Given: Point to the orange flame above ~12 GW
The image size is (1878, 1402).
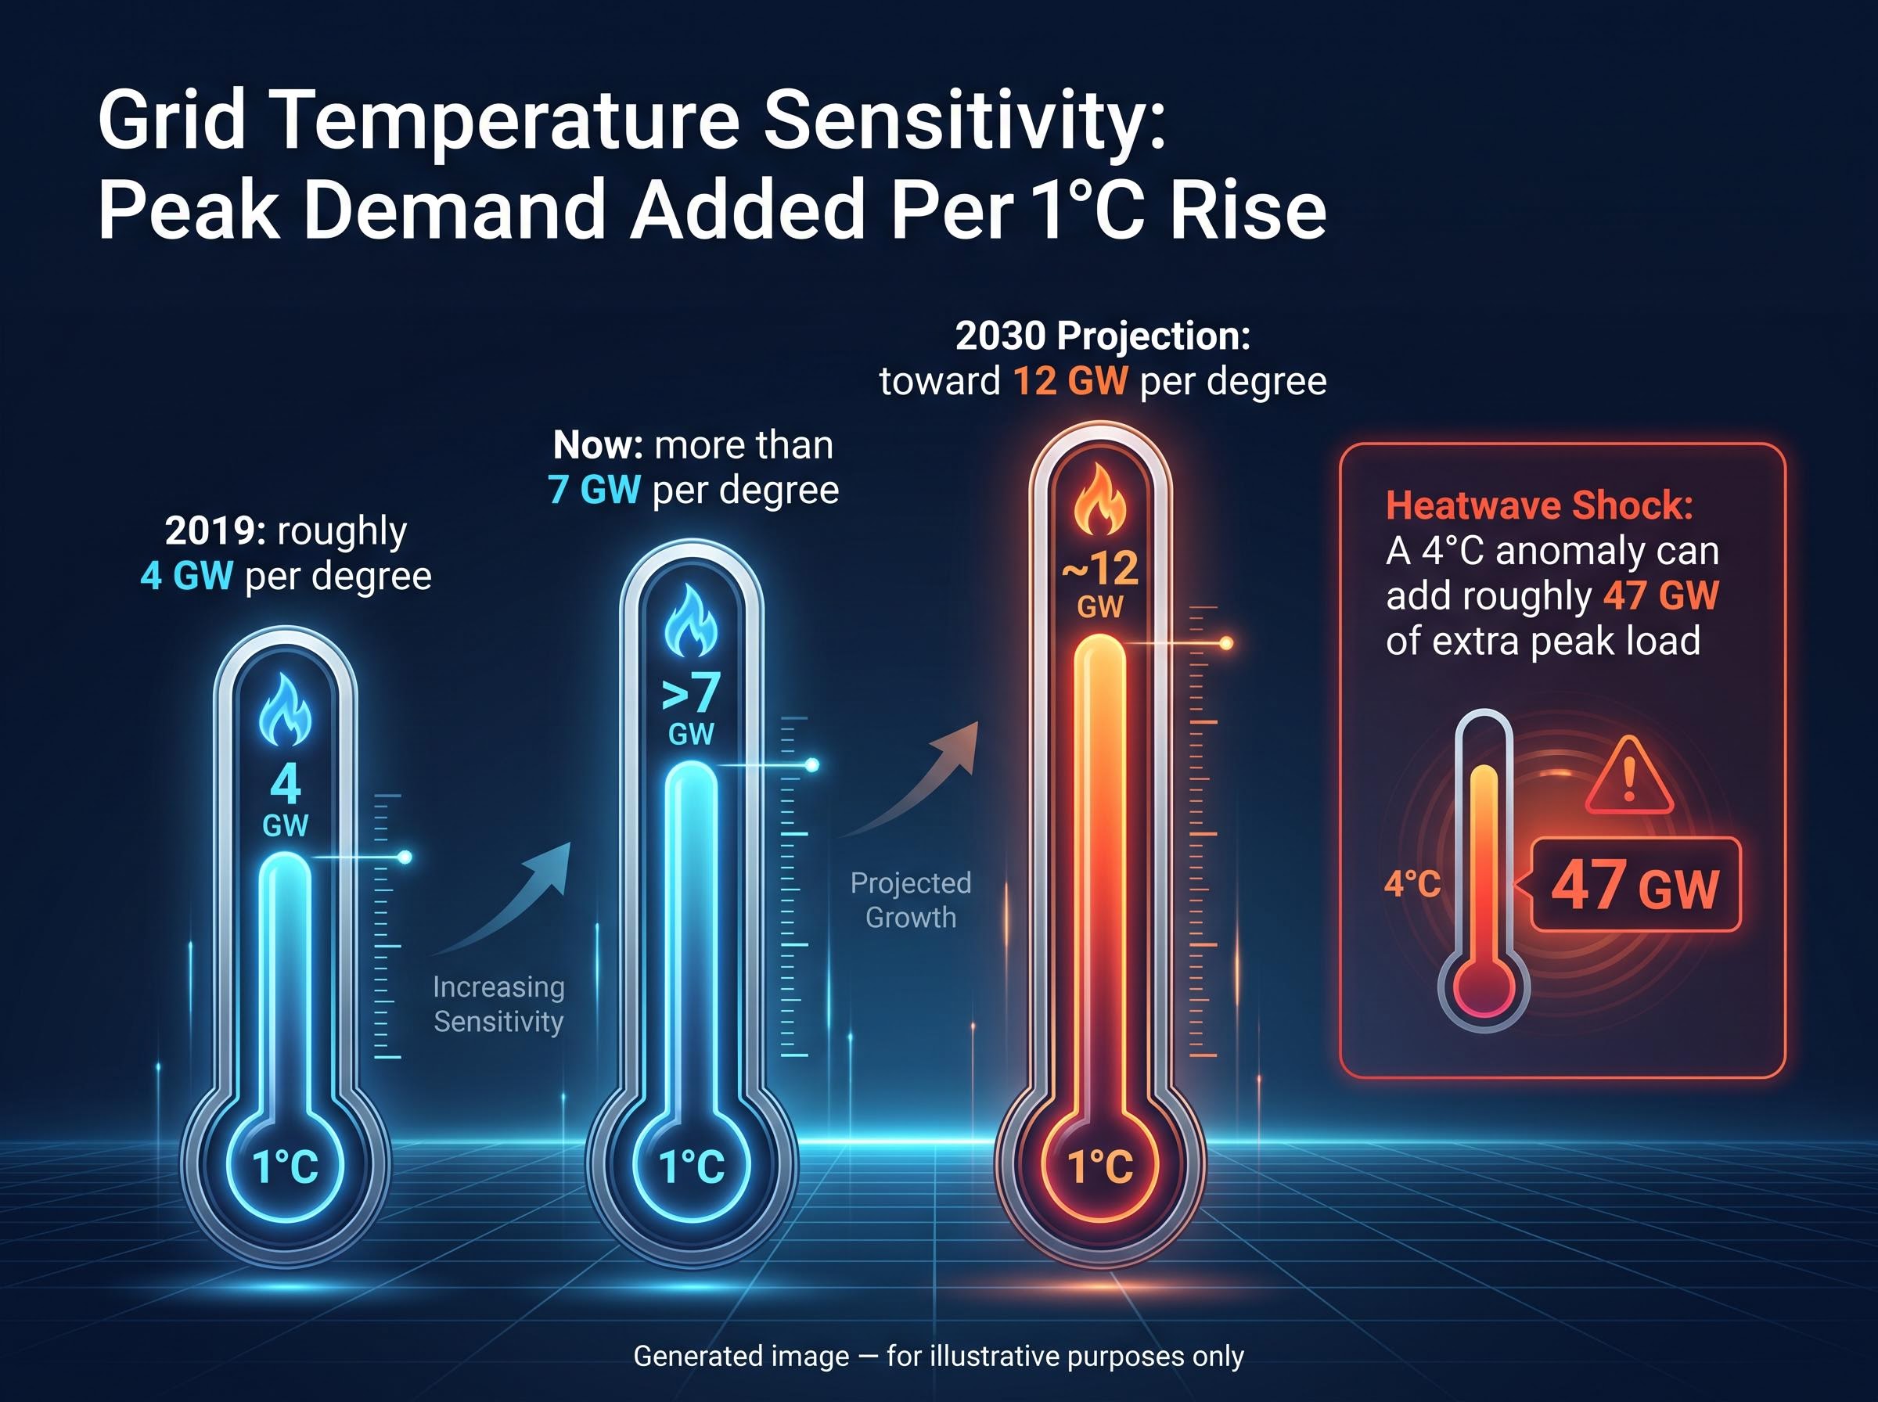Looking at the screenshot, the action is [x=1100, y=499].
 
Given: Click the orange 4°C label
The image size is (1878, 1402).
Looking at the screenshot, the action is [x=1412, y=884].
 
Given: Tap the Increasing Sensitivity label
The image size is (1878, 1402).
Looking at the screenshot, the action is [x=498, y=1004].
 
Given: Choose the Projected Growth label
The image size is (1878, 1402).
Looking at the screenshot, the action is [x=911, y=900].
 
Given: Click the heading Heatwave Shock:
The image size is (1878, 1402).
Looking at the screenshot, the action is [x=1539, y=506].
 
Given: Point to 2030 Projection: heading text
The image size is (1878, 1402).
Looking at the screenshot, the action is [x=1103, y=336].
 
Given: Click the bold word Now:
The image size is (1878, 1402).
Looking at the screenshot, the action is [x=599, y=444].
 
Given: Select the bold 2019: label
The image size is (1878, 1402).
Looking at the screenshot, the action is [x=215, y=531].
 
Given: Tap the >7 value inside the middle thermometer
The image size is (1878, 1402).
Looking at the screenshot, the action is [x=691, y=693].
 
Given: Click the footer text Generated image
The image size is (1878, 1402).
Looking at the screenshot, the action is [x=741, y=1356].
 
